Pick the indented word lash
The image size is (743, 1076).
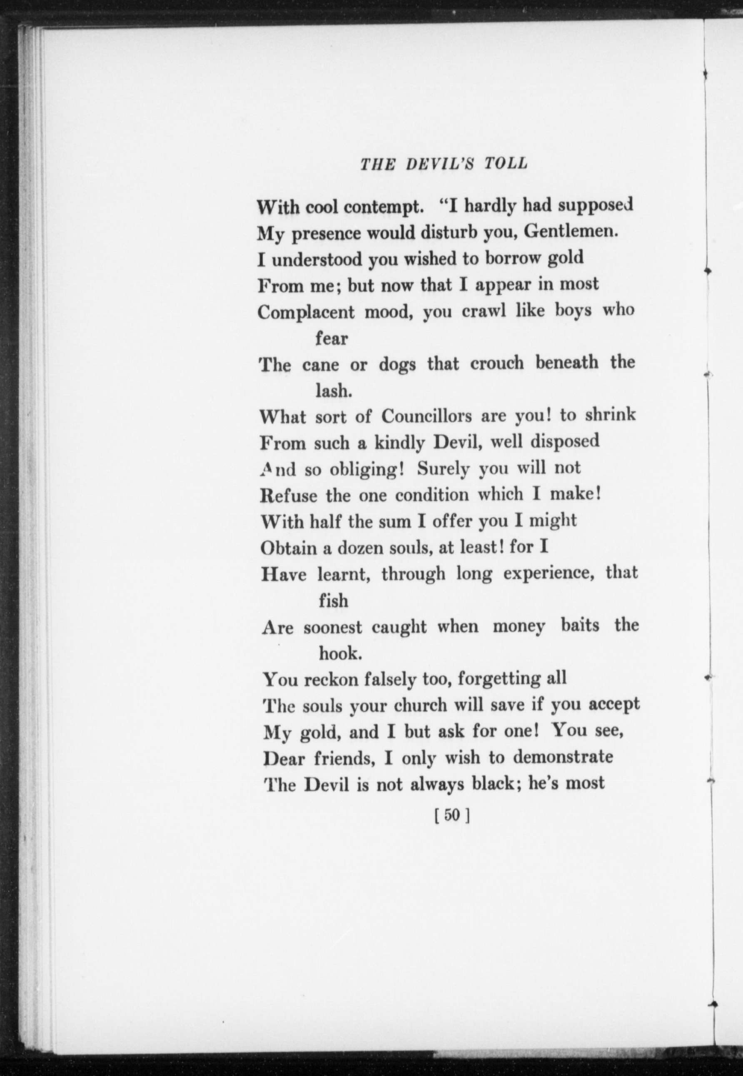[x=333, y=391]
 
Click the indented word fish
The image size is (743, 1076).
[x=333, y=600]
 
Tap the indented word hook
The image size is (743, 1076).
[x=340, y=653]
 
